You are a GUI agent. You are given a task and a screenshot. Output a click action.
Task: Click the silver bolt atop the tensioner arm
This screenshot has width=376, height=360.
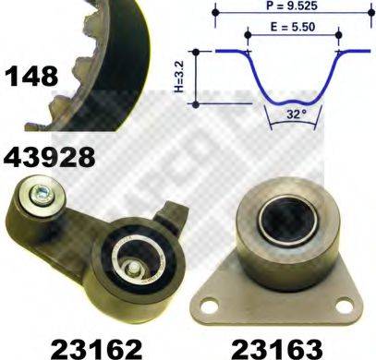41,195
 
